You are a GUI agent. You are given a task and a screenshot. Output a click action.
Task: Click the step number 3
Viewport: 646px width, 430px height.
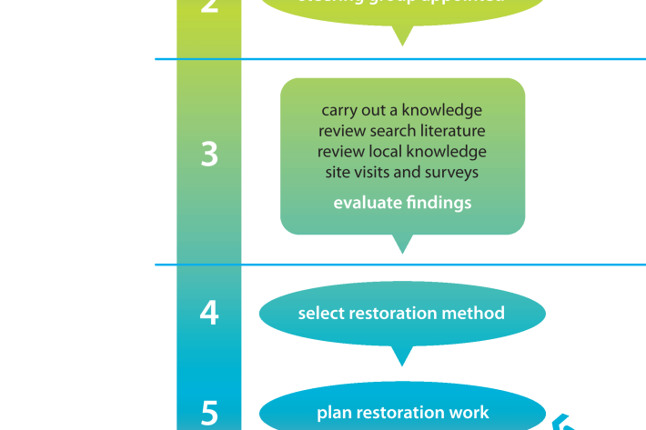coord(209,155)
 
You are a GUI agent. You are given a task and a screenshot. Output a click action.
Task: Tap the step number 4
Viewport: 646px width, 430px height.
coord(209,313)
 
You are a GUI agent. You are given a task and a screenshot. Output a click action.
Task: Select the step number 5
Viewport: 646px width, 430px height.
coord(209,414)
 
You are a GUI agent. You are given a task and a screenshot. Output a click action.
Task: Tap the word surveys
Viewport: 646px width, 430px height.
coord(451,172)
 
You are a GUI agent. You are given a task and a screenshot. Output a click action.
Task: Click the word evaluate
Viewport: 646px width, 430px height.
coord(365,203)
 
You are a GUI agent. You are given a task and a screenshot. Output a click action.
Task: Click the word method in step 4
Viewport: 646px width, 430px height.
coord(474,314)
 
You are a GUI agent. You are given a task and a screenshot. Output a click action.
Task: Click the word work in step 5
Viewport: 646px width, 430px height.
coord(470,414)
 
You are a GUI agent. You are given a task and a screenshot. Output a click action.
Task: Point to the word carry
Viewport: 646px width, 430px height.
coord(339,110)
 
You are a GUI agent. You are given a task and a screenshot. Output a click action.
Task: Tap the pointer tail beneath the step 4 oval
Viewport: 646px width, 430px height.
coord(401,354)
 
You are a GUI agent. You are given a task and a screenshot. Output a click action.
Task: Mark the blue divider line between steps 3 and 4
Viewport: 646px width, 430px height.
coord(400,265)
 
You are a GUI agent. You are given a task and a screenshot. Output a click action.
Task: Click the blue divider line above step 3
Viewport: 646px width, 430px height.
coord(400,59)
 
